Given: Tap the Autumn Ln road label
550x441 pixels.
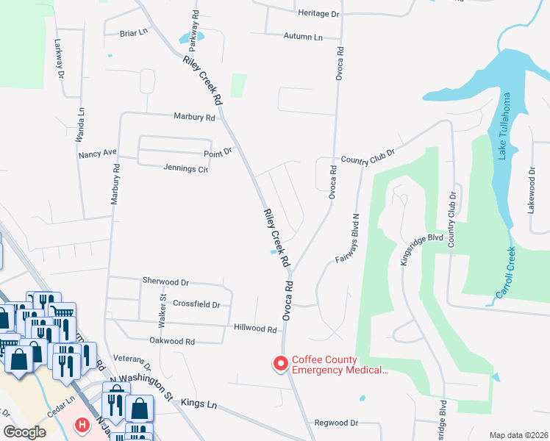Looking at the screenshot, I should pos(303,37).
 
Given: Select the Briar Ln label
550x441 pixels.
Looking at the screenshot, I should pos(134,33).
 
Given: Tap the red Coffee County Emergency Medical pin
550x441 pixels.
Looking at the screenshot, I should pos(280,363).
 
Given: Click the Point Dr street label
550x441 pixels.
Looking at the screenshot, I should pos(218,152).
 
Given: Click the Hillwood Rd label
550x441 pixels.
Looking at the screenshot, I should pos(254,328).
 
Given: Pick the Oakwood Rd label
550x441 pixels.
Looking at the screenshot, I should pos(172,342).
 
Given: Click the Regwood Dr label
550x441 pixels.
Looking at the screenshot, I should pos(335,423).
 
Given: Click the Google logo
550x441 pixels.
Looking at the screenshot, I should pos(25,431).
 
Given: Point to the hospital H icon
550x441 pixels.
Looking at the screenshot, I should pos(83,425).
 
